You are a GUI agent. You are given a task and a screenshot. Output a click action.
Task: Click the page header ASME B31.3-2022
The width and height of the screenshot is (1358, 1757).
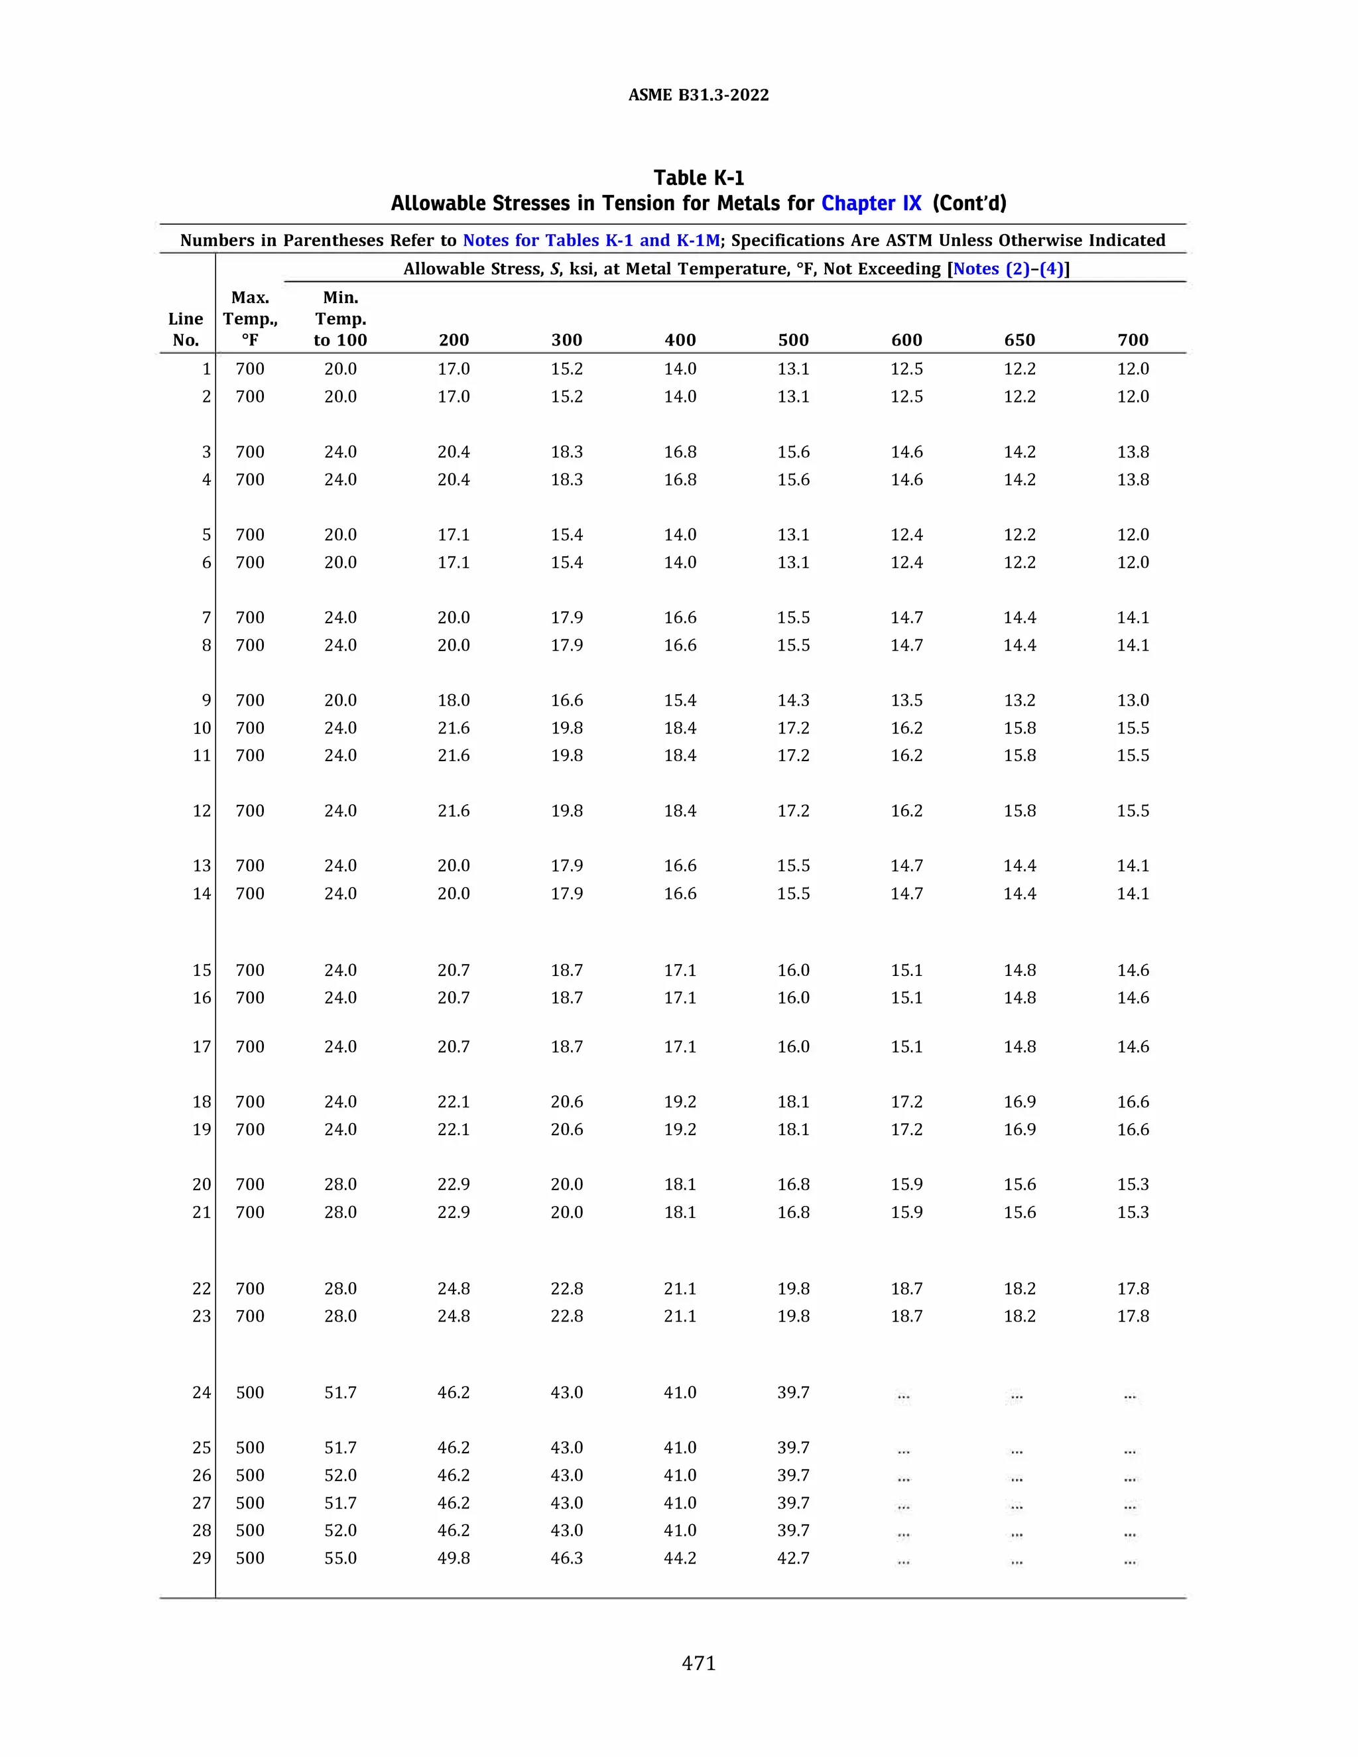click(x=698, y=95)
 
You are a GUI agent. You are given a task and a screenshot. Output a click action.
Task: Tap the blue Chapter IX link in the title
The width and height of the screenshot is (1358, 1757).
click(x=871, y=204)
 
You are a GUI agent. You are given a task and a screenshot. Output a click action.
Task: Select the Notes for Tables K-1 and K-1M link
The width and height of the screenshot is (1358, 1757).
click(x=591, y=241)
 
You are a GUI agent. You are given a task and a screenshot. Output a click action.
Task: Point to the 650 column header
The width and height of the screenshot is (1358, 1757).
click(x=1019, y=340)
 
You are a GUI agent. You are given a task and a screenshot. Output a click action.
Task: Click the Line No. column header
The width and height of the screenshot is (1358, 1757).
click(x=186, y=329)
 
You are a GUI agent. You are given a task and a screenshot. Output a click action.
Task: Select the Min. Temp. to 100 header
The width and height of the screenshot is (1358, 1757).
click(x=340, y=318)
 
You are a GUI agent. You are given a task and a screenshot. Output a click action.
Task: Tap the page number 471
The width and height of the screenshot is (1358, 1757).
click(x=698, y=1663)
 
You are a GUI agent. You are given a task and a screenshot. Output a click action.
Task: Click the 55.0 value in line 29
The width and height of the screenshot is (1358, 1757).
click(x=340, y=1558)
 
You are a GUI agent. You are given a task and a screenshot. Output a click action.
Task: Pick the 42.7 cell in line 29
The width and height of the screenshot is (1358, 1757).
click(x=792, y=1558)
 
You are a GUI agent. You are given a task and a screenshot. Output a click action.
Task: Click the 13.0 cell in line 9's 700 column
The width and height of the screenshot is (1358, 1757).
click(x=1132, y=701)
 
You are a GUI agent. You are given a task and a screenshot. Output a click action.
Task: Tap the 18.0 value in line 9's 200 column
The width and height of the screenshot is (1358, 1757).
click(x=454, y=701)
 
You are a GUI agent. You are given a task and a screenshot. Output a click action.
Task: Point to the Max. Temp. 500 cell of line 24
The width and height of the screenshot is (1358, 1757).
click(x=249, y=1392)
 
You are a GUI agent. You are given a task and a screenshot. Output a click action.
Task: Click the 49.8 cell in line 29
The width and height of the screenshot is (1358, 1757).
click(x=454, y=1558)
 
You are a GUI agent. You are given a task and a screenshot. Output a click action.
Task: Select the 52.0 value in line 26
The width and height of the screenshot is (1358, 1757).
click(x=340, y=1475)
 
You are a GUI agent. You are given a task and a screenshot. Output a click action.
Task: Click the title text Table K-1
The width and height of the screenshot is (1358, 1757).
click(x=698, y=178)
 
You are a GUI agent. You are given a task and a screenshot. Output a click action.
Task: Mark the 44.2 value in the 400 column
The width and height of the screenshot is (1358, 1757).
click(x=680, y=1558)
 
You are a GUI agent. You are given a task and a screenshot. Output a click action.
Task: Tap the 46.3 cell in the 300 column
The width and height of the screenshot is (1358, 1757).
click(x=566, y=1558)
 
